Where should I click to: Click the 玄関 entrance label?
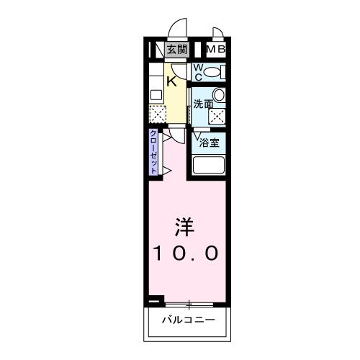tap(176, 50)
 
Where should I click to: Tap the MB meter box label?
tap(217, 50)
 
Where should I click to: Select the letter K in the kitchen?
tap(172, 81)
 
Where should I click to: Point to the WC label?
tap(198, 73)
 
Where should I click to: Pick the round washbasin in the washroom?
tap(220, 95)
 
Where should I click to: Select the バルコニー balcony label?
tap(187, 319)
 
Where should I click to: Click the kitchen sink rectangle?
tap(155, 94)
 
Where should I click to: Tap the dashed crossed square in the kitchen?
tap(158, 114)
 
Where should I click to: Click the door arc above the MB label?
tap(217, 35)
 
